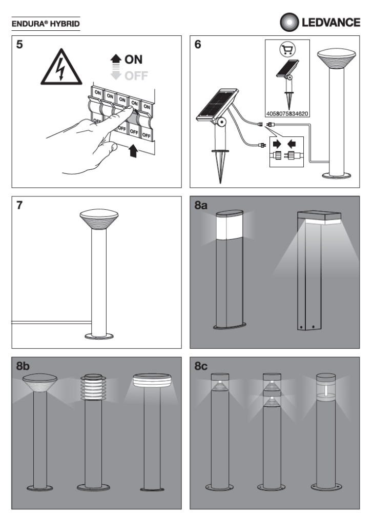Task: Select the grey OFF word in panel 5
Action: tap(135, 76)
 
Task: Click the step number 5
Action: tap(19, 45)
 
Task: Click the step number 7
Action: tap(19, 205)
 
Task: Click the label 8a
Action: tap(201, 206)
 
